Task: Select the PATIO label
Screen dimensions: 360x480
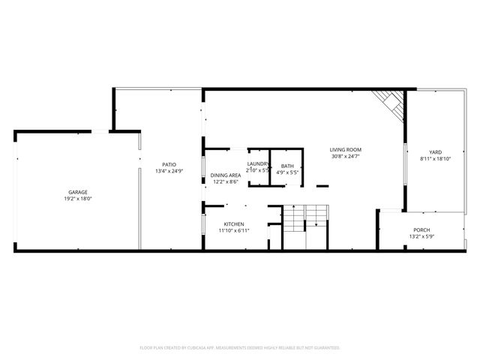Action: point(170,164)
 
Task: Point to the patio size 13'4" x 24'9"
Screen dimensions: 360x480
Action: point(169,171)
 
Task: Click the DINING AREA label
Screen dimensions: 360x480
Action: point(225,175)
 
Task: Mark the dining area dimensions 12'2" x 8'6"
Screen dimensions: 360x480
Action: point(225,181)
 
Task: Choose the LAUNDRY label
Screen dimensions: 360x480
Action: point(259,163)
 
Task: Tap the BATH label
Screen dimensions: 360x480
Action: point(288,166)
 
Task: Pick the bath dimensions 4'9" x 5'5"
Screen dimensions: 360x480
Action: point(288,172)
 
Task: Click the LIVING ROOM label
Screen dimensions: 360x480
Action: point(346,149)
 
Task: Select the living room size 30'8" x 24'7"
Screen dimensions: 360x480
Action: point(346,156)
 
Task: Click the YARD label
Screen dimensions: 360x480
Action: point(436,152)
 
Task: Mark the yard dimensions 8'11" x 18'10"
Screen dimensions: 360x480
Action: point(436,159)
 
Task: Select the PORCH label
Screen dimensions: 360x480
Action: point(421,229)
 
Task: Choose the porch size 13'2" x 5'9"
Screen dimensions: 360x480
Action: point(421,236)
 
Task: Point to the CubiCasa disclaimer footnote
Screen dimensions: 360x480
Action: point(240,348)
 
